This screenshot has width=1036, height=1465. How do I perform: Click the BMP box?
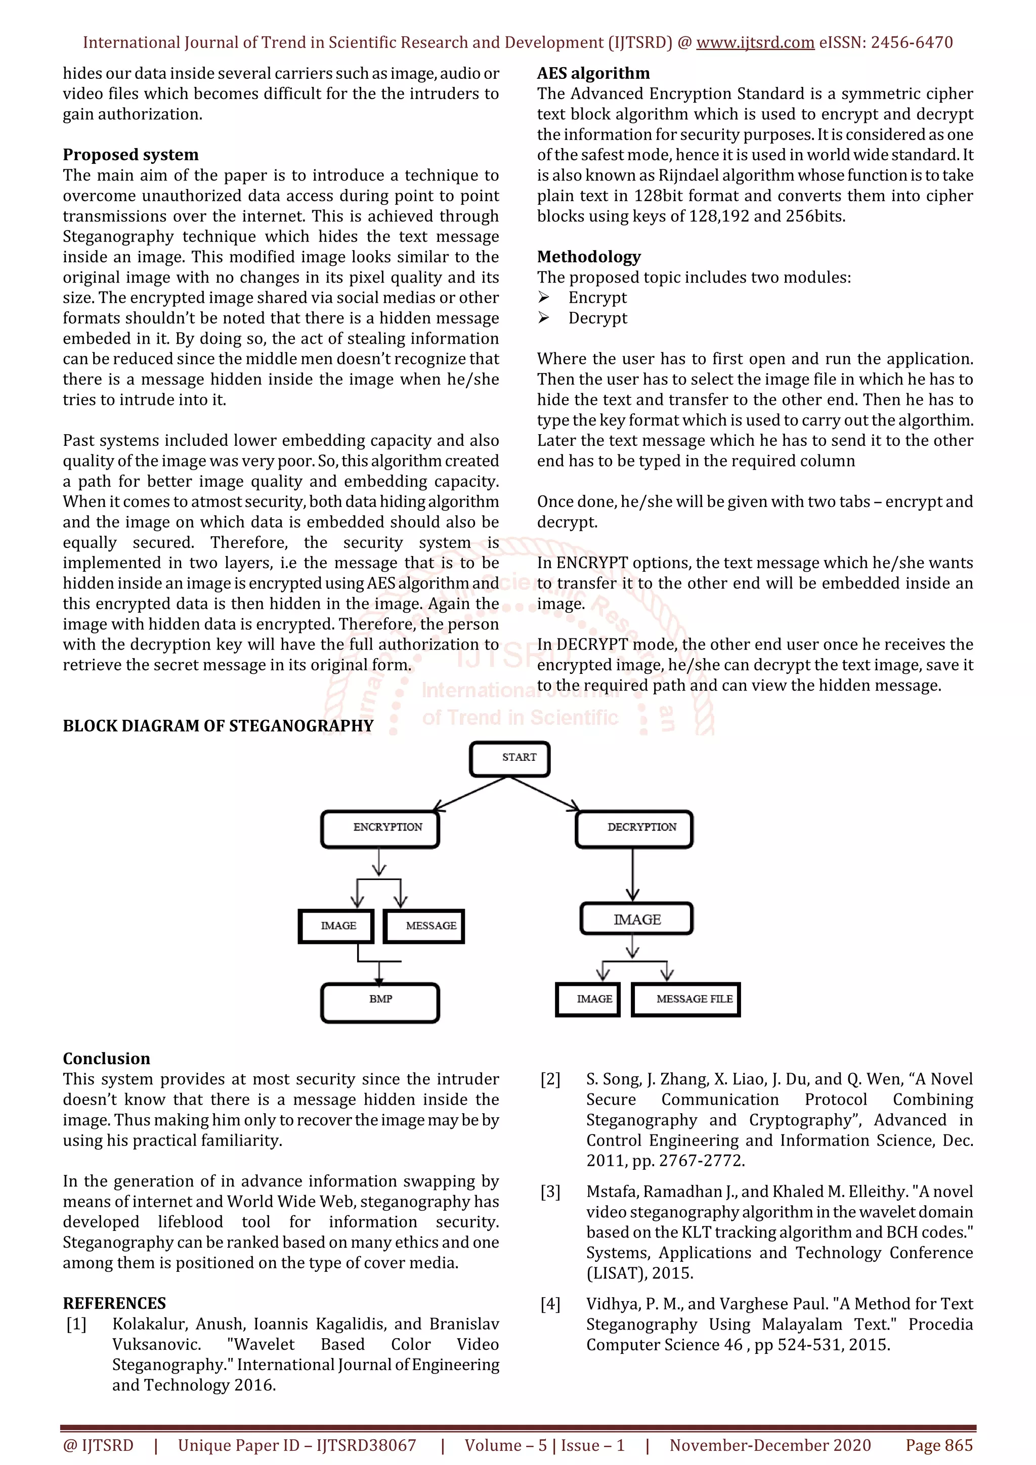tap(380, 1002)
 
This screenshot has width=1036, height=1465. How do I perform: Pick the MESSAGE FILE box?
tap(685, 999)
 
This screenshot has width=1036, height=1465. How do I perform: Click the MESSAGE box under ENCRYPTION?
tap(424, 926)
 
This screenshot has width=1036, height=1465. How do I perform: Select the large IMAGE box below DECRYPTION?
tap(636, 919)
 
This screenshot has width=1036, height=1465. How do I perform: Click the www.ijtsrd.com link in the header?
tap(755, 43)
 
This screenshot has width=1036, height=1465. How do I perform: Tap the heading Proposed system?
tap(130, 155)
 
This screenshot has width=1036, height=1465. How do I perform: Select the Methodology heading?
tap(588, 257)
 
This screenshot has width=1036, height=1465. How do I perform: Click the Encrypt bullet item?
tap(597, 298)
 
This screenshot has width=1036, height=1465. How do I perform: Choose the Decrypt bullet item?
tap(597, 318)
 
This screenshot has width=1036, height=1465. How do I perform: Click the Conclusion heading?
tap(106, 1059)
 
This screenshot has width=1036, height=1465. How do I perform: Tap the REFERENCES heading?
tap(114, 1303)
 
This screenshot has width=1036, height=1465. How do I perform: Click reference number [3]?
tap(550, 1192)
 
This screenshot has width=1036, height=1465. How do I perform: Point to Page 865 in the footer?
tap(938, 1445)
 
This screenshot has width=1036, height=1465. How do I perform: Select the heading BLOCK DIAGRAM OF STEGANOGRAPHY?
tap(218, 726)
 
